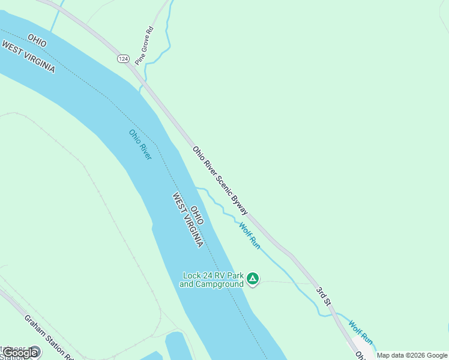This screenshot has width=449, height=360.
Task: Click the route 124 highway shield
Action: (x=122, y=59)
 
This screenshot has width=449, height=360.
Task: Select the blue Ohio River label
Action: (x=140, y=145)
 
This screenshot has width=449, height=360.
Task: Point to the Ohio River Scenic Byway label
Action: (x=220, y=181)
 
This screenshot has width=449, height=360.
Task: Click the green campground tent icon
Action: (x=253, y=279)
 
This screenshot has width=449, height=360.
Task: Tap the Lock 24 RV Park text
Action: (x=212, y=276)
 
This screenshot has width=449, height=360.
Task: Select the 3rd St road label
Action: (x=325, y=299)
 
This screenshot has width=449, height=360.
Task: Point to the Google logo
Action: (x=19, y=353)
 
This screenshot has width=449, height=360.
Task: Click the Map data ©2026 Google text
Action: (x=412, y=355)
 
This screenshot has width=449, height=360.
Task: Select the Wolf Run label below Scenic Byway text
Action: (x=249, y=235)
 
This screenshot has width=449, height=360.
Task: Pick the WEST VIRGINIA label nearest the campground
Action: (x=187, y=220)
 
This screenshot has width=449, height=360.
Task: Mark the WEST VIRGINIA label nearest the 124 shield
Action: (x=28, y=57)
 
